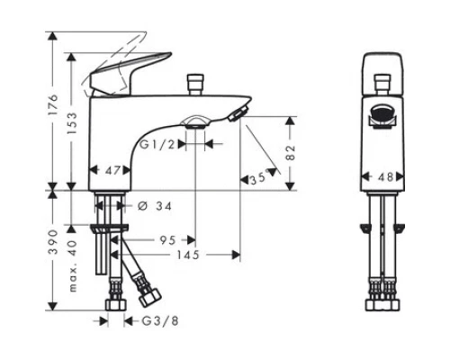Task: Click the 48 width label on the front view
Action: click(384, 176)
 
